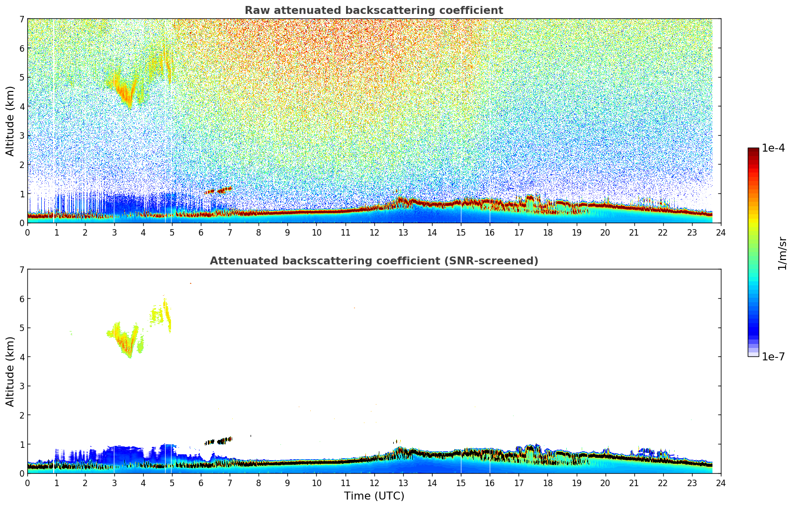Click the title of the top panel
[373, 10]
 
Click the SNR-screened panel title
[373, 261]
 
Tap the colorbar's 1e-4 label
[773, 148]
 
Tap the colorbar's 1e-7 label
[773, 356]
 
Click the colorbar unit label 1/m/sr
[782, 253]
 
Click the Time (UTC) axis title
[374, 496]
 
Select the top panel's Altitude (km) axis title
[10, 121]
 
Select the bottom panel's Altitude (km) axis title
[10, 371]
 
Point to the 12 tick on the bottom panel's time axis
[374, 483]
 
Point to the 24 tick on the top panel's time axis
[720, 232]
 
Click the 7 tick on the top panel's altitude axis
[21, 19]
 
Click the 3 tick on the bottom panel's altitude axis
[21, 386]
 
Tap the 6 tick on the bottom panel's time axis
[201, 483]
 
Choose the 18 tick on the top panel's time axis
[547, 232]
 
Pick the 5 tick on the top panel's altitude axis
[21, 78]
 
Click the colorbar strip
[753, 252]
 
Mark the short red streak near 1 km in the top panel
[219, 190]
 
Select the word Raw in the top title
[255, 10]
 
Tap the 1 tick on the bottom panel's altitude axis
[21, 444]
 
